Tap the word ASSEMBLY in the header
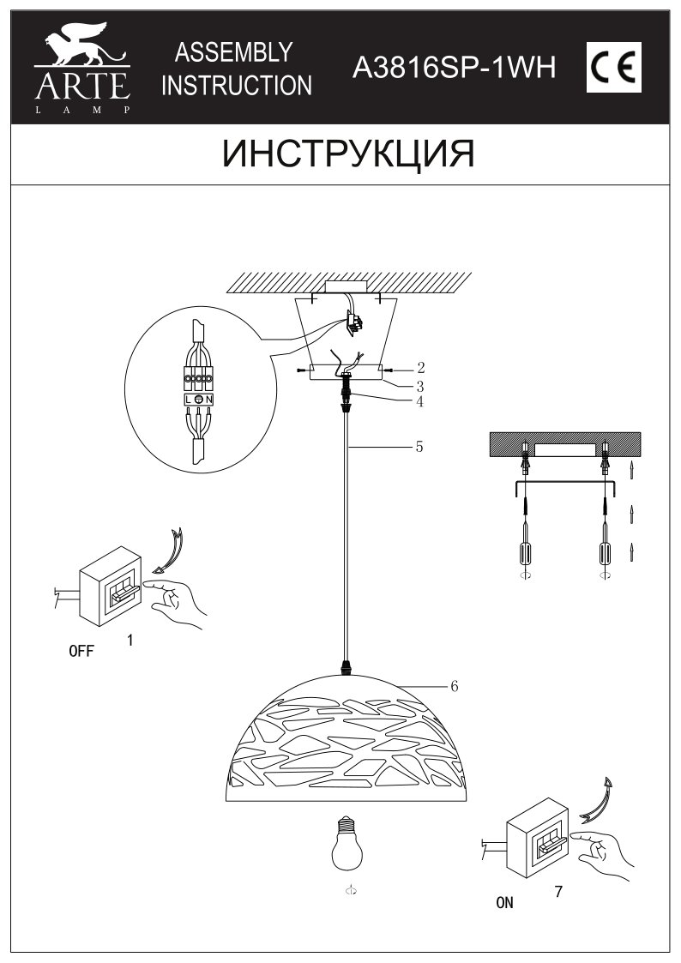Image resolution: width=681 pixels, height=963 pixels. click(x=233, y=53)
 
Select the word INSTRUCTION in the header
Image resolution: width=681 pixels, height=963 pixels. click(x=238, y=86)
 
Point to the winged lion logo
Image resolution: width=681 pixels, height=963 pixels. click(x=81, y=51)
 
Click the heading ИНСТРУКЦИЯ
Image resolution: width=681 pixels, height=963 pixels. click(x=347, y=154)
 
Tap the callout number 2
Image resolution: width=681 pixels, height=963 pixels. click(x=420, y=367)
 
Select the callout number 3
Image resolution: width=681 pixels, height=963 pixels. click(x=420, y=385)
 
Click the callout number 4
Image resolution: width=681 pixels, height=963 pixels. click(x=420, y=400)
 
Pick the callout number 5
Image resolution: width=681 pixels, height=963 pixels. click(x=419, y=447)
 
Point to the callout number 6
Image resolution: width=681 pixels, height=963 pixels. click(x=455, y=686)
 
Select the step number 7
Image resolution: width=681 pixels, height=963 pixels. click(x=558, y=891)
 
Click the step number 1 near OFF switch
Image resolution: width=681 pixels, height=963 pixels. click(x=130, y=640)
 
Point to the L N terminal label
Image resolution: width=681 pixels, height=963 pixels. click(x=198, y=399)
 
